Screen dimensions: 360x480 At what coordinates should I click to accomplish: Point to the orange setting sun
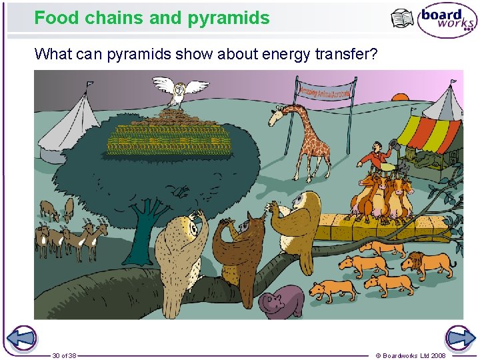[x=400, y=97]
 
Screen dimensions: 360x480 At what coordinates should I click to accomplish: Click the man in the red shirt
[x=377, y=157]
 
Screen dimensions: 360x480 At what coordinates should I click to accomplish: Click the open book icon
[x=402, y=19]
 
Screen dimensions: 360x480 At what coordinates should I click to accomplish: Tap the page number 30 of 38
[x=64, y=355]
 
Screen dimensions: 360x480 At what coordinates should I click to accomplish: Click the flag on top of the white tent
[x=89, y=85]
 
